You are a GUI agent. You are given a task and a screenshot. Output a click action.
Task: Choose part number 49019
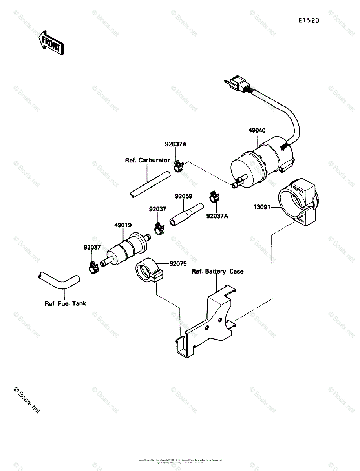(123, 225)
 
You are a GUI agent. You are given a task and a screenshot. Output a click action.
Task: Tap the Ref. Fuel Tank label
(65, 303)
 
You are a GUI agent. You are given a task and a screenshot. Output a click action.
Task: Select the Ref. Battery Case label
(217, 271)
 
